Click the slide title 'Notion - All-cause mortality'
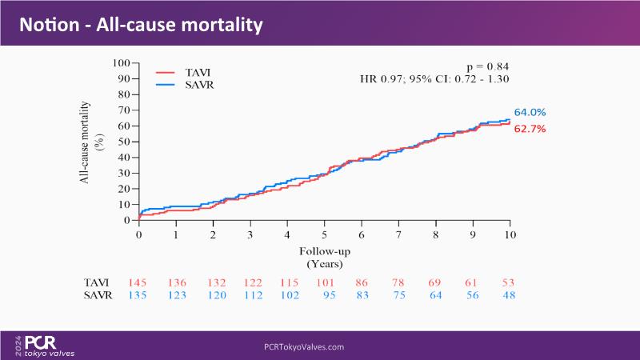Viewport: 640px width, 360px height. pyautogui.click(x=142, y=25)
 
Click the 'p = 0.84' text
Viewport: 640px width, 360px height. pyautogui.click(x=487, y=66)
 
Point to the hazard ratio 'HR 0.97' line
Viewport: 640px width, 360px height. pyautogui.click(x=435, y=78)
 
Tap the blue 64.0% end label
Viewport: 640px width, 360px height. pyautogui.click(x=530, y=113)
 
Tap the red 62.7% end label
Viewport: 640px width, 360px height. pyautogui.click(x=530, y=128)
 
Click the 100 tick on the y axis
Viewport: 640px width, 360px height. pyautogui.click(x=122, y=62)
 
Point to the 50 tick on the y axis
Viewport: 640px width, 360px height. pyautogui.click(x=124, y=141)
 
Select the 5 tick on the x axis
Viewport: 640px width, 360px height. pyautogui.click(x=324, y=235)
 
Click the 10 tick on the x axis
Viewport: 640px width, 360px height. pyautogui.click(x=510, y=235)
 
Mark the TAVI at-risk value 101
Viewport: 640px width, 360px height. pyautogui.click(x=324, y=282)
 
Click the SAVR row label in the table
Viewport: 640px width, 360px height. pyautogui.click(x=98, y=294)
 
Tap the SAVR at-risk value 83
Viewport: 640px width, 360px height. pyautogui.click(x=361, y=294)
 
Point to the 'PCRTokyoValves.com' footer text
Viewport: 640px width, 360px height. pyautogui.click(x=304, y=347)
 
